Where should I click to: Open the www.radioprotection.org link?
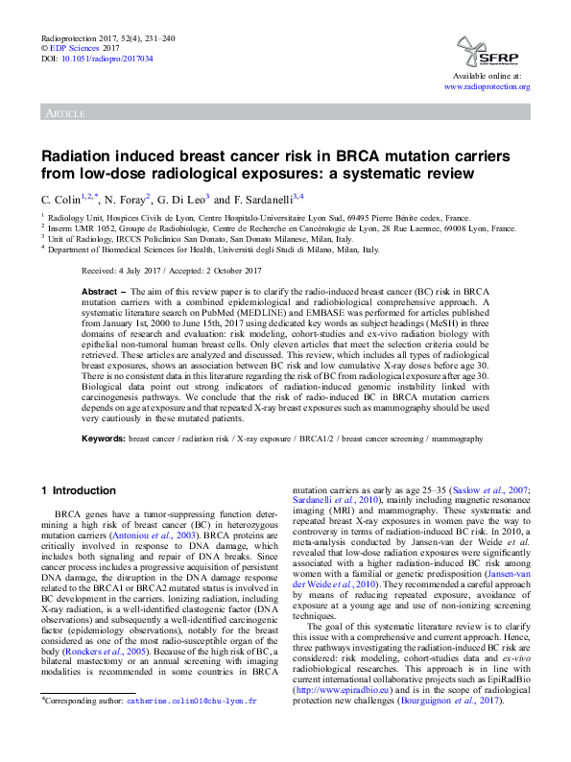[487, 86]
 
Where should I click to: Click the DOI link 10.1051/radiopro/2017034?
[105, 59]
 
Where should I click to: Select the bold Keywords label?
[103, 438]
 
